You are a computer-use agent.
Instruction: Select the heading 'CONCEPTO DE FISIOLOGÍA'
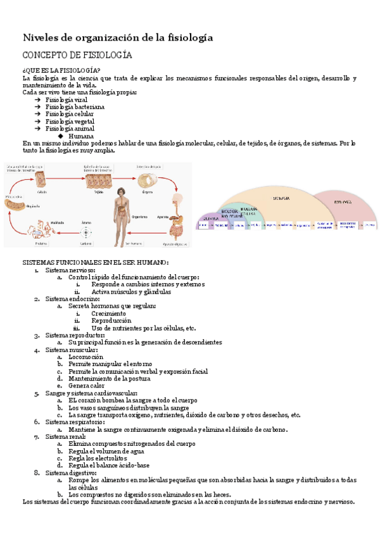pos(77,55)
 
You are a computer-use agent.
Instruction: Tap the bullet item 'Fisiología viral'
pos(66,100)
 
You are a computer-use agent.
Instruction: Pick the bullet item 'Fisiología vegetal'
pos(70,121)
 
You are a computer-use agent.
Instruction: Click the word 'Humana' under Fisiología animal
pos(81,136)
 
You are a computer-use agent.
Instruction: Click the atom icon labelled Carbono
pos(87,232)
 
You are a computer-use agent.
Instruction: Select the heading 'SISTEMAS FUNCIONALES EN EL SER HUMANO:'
pos(96,262)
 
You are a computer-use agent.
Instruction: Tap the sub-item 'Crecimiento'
pos(108,313)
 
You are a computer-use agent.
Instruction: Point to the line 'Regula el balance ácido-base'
pos(109,465)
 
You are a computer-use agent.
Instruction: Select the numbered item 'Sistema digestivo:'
pos(71,472)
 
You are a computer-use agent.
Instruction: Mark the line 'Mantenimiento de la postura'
pos(110,378)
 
